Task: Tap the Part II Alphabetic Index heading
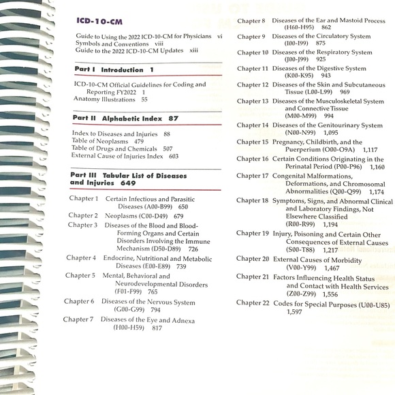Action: point(125,118)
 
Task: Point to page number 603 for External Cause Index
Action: point(173,156)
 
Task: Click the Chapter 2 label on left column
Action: point(82,216)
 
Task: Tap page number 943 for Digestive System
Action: point(326,76)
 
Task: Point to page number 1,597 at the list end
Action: point(295,312)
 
